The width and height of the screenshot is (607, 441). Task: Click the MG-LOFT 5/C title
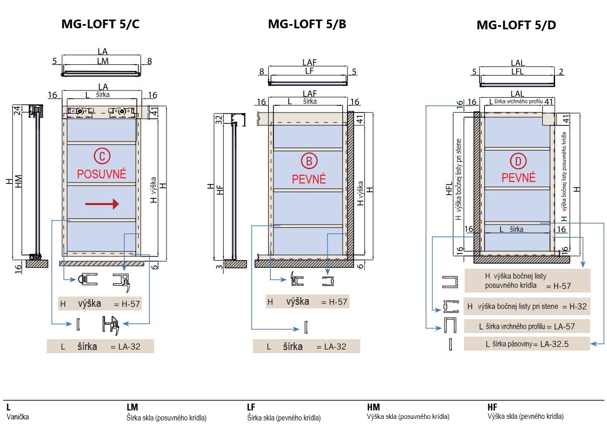tap(101, 25)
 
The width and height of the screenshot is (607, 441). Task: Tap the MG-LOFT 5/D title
tap(516, 25)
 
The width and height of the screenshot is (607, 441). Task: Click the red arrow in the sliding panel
tap(102, 205)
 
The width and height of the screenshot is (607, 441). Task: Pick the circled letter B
tap(309, 161)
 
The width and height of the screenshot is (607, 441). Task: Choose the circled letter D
tap(518, 162)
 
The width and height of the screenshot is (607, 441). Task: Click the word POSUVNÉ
tap(102, 174)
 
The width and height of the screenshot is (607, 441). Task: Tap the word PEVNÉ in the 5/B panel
tap(309, 179)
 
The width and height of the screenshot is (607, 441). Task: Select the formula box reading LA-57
tap(527, 326)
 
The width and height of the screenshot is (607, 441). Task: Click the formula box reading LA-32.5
tap(527, 344)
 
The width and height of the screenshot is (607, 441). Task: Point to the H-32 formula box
tap(527, 307)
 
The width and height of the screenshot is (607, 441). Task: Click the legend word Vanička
tap(17, 417)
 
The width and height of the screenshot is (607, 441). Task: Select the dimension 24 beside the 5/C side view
tap(16, 110)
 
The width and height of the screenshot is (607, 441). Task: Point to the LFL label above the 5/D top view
tap(518, 72)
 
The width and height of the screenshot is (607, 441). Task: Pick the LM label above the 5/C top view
tap(103, 61)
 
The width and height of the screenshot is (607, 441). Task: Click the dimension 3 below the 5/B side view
tap(218, 266)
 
